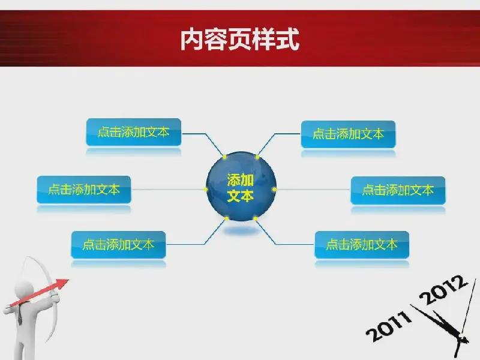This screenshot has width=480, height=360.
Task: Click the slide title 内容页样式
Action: [x=239, y=39]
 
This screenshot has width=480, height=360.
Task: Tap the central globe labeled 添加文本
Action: [x=241, y=187]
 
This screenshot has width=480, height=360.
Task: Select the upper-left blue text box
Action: [x=133, y=132]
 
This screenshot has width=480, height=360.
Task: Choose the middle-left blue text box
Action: [x=84, y=190]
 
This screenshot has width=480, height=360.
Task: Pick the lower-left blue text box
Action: [x=118, y=245]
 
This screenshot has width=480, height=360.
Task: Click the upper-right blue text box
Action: [x=349, y=134]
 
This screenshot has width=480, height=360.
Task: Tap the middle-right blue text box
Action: [x=398, y=190]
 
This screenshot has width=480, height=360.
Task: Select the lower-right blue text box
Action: [x=362, y=245]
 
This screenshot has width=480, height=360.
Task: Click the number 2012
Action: [x=443, y=289]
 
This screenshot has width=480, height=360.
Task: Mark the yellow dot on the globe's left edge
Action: [x=206, y=190]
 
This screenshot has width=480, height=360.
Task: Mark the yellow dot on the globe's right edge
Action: [x=274, y=190]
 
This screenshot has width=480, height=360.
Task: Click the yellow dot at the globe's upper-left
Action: [x=224, y=157]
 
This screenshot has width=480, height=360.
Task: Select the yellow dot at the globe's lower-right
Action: [x=256, y=218]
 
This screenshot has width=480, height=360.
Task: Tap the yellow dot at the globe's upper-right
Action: [x=257, y=157]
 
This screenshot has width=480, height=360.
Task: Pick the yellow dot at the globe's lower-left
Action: [x=227, y=218]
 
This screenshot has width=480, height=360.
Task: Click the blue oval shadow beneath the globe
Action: [x=241, y=230]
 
